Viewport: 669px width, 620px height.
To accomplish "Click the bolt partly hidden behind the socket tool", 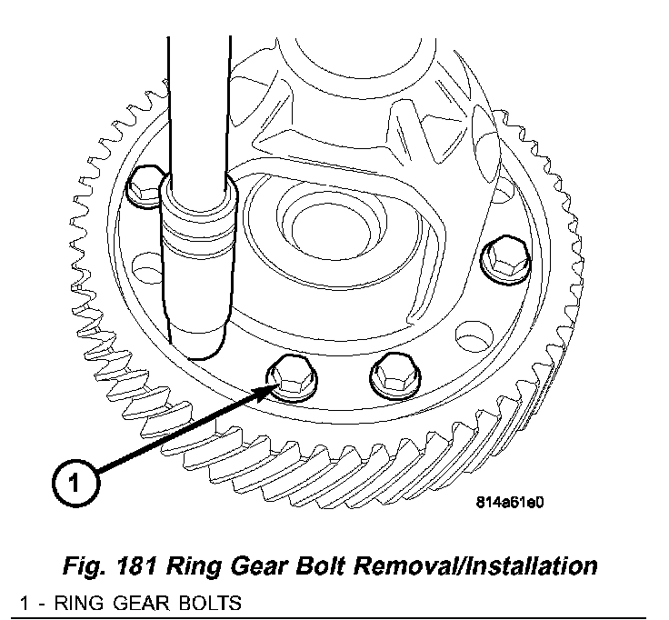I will (x=145, y=186).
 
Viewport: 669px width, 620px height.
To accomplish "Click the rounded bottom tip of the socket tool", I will (x=197, y=345).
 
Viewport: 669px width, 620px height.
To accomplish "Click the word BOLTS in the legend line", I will (x=210, y=604).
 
